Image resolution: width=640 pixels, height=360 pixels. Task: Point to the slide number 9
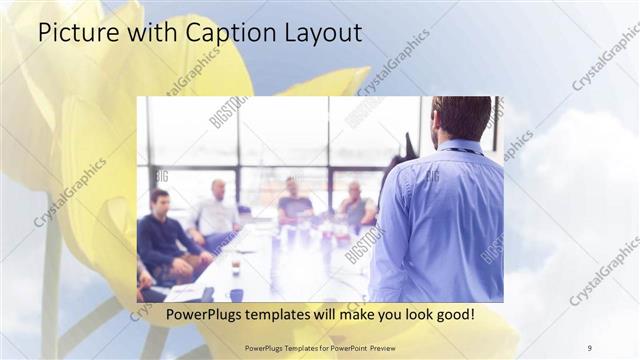click(590, 347)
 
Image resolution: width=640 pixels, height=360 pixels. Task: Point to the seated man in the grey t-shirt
click(294, 203)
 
